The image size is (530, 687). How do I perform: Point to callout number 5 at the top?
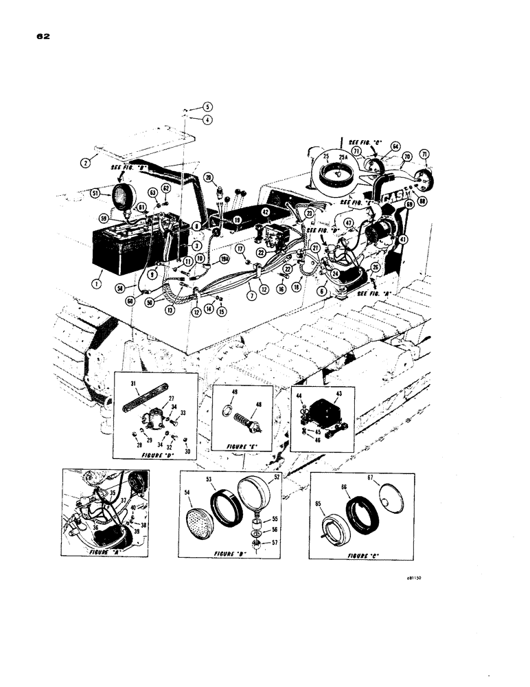pos(207,106)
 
